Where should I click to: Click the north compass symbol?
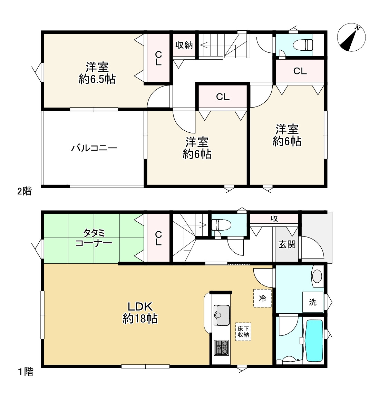(x=351, y=38)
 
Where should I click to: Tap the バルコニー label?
(x=94, y=148)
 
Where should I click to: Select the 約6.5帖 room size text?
(x=97, y=79)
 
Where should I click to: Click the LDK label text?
(x=140, y=307)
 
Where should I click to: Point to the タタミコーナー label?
(x=94, y=238)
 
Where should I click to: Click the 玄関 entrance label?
(x=287, y=244)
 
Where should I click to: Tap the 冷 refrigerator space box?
(x=262, y=298)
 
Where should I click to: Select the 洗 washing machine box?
(x=313, y=302)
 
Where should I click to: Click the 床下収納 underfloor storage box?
(x=243, y=332)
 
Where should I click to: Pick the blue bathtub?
(x=314, y=341)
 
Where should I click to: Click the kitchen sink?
(x=222, y=315)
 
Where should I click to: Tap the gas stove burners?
(x=222, y=348)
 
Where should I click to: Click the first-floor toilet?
(x=221, y=225)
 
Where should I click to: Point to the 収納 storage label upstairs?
(x=184, y=45)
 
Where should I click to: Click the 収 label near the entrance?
(x=274, y=219)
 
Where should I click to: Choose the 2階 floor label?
(x=25, y=191)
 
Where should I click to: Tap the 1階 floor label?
(x=26, y=372)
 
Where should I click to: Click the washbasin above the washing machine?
(x=317, y=276)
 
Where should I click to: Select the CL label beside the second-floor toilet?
(x=300, y=71)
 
